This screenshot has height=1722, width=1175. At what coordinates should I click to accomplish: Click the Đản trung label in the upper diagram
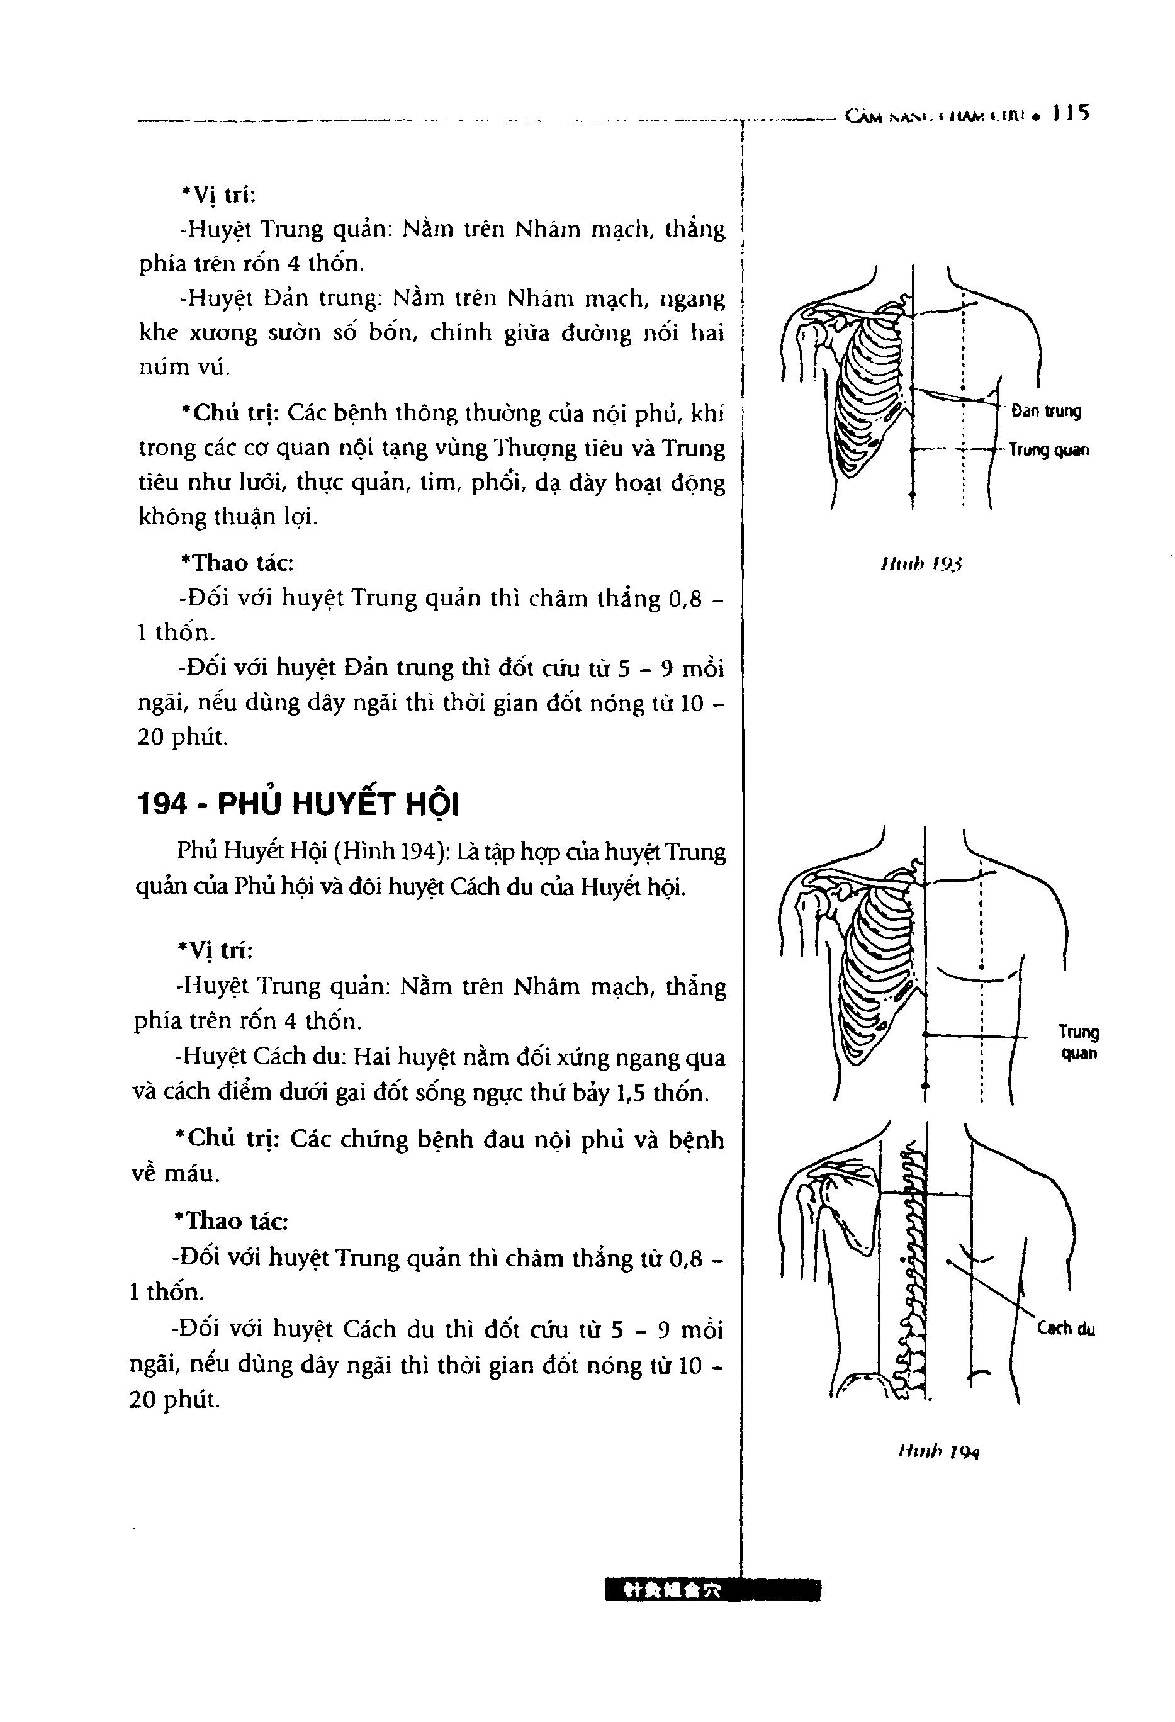(1046, 411)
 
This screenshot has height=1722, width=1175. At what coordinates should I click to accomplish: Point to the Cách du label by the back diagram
(1066, 1329)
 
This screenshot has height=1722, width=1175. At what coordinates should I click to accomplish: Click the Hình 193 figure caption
(921, 565)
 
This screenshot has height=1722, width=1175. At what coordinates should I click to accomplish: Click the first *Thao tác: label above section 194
(237, 563)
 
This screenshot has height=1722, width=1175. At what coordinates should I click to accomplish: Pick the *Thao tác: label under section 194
(230, 1220)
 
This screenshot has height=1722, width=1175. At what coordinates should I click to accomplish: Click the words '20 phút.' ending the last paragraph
(176, 1400)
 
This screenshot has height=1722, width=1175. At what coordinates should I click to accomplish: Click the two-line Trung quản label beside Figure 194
(1079, 1042)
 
